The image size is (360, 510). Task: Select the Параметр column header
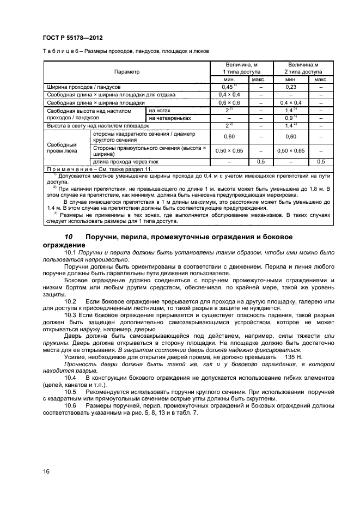[x=126, y=71]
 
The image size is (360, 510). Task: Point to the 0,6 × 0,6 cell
[x=229, y=102]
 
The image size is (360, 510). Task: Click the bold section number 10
[x=69, y=238]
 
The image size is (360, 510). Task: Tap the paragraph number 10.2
[x=70, y=301]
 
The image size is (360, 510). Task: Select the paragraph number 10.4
[x=70, y=377]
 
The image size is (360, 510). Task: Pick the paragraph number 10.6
[x=70, y=406]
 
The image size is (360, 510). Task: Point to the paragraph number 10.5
[x=70, y=392]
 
